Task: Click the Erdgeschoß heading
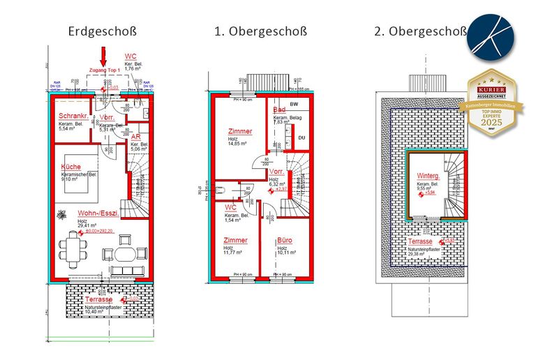[x=102, y=31]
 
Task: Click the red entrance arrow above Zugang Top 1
[x=103, y=56]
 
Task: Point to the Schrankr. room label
[x=73, y=116]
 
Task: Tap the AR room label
[x=136, y=137]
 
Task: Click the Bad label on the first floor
[x=279, y=110]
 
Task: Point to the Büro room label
[x=284, y=240]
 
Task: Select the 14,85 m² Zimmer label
[x=239, y=131]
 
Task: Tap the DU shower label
[x=301, y=137]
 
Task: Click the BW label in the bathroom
[x=293, y=103]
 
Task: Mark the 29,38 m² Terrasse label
[x=422, y=242]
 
